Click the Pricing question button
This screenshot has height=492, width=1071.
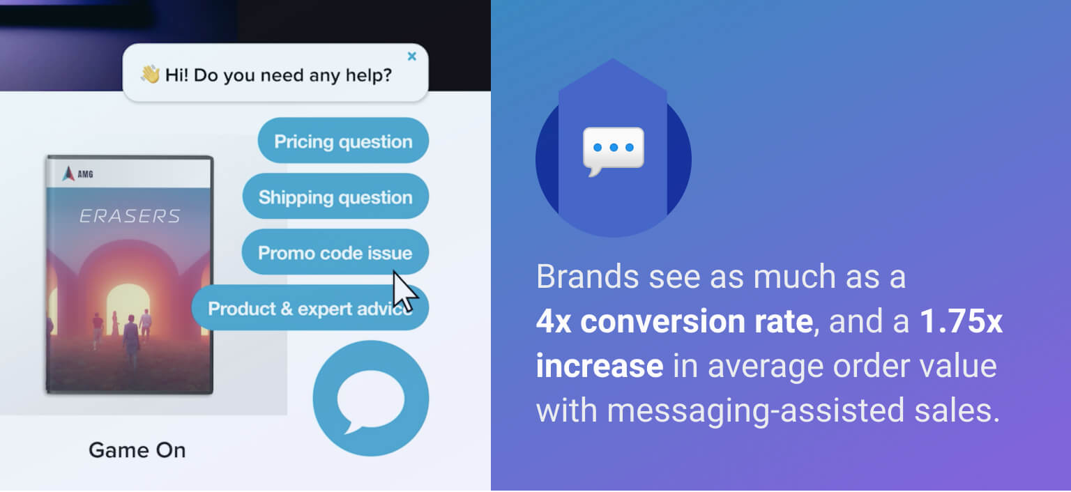click(343, 141)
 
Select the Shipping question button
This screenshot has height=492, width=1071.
click(335, 197)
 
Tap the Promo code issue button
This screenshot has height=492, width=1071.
click(335, 252)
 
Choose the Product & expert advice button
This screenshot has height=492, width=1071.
click(310, 307)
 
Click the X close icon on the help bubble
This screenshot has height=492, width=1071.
click(411, 56)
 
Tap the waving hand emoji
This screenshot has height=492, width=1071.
click(150, 75)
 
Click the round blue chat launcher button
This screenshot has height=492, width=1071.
click(370, 398)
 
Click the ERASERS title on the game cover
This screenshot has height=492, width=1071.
click(130, 216)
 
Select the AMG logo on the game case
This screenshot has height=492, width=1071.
click(77, 174)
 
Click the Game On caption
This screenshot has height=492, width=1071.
click(137, 450)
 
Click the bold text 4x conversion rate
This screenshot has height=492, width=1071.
click(675, 321)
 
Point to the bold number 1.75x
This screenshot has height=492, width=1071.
click(961, 321)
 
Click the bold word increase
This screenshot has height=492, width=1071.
click(600, 365)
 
